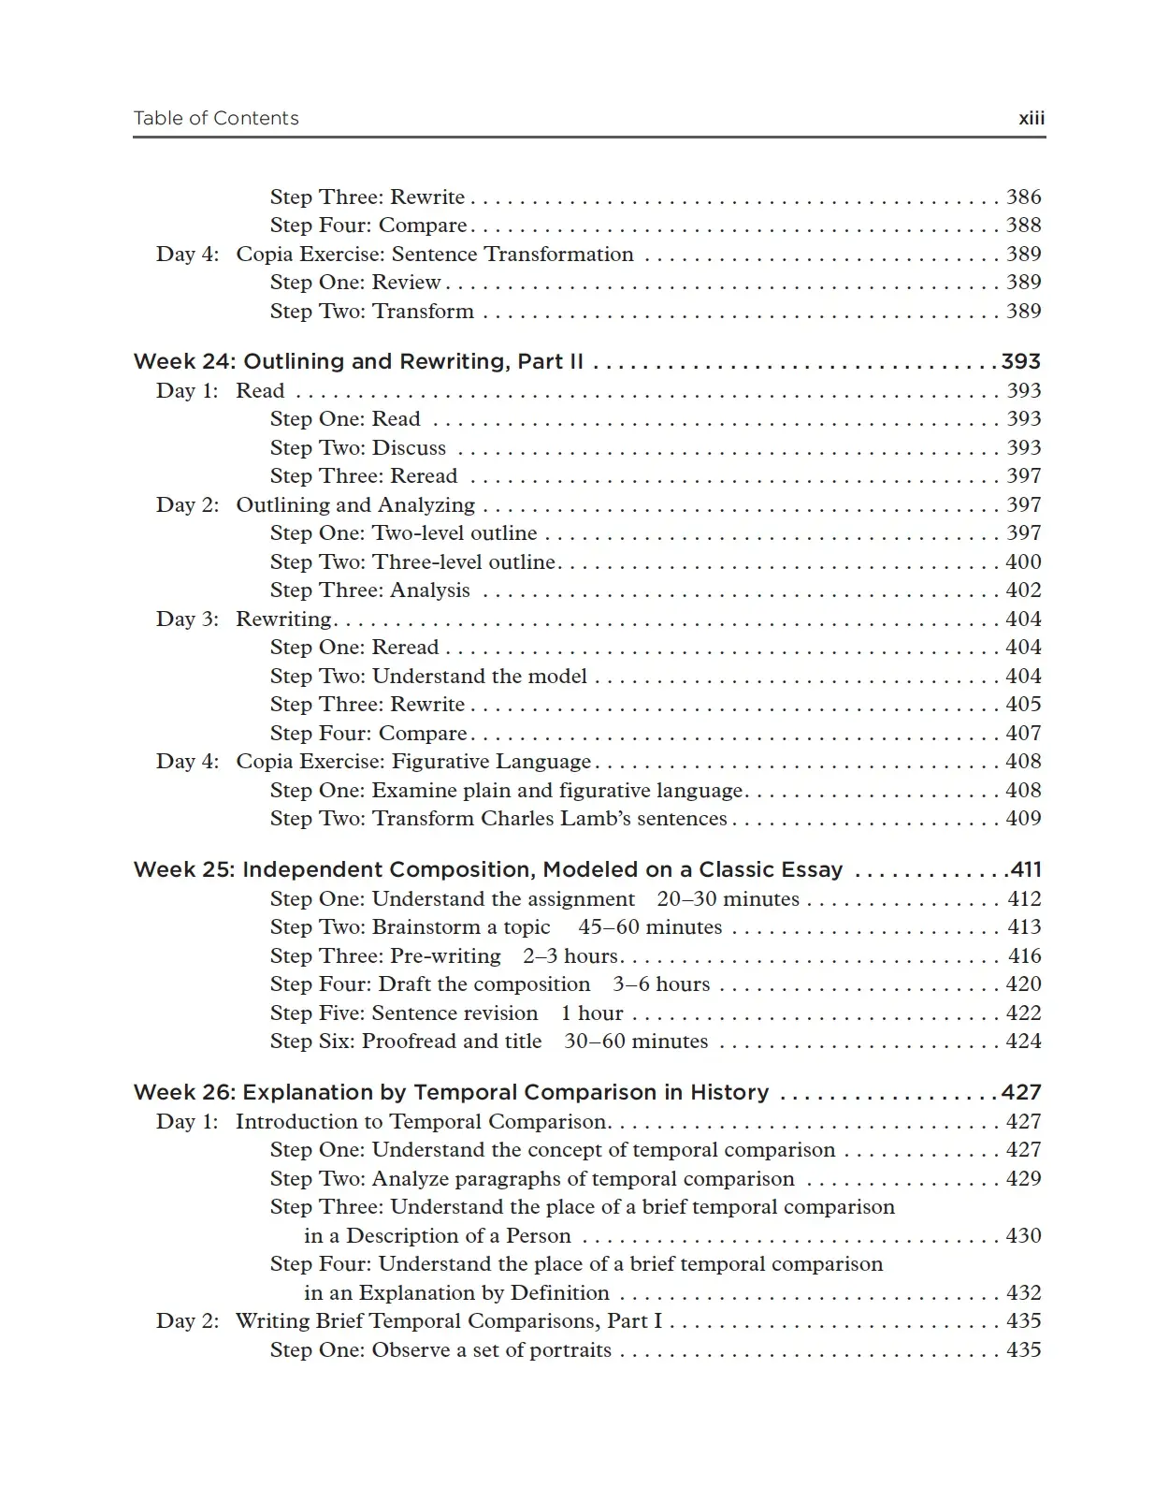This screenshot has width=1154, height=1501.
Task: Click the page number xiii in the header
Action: (x=1031, y=119)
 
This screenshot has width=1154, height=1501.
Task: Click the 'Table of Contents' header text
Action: (x=216, y=119)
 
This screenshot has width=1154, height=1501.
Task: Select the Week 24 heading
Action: (x=358, y=362)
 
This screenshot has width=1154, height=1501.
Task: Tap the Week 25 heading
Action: (x=488, y=870)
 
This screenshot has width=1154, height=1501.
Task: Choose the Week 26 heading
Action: (x=451, y=1093)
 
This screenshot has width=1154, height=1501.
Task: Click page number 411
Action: (x=1025, y=870)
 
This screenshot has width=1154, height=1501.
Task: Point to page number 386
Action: (x=1023, y=197)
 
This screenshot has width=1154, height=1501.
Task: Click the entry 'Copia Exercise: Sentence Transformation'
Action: (x=434, y=255)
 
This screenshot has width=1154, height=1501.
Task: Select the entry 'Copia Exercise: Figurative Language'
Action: (x=413, y=762)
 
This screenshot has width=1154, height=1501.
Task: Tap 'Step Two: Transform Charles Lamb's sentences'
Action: (x=498, y=819)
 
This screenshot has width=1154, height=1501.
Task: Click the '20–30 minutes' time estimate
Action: (x=728, y=899)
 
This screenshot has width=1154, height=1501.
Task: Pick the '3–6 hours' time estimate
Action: (x=661, y=984)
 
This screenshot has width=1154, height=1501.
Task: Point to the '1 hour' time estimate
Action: (x=591, y=1013)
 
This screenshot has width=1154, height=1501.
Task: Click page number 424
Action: (x=1023, y=1042)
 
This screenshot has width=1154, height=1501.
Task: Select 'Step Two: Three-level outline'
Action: (x=412, y=562)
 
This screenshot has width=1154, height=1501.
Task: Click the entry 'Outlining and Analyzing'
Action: (x=355, y=505)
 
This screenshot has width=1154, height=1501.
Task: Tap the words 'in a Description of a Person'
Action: (x=437, y=1236)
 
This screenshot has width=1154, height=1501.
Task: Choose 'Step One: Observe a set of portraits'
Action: (x=440, y=1350)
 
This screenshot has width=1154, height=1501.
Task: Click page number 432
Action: (x=1023, y=1293)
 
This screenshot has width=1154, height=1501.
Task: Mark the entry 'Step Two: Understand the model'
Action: (x=428, y=677)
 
